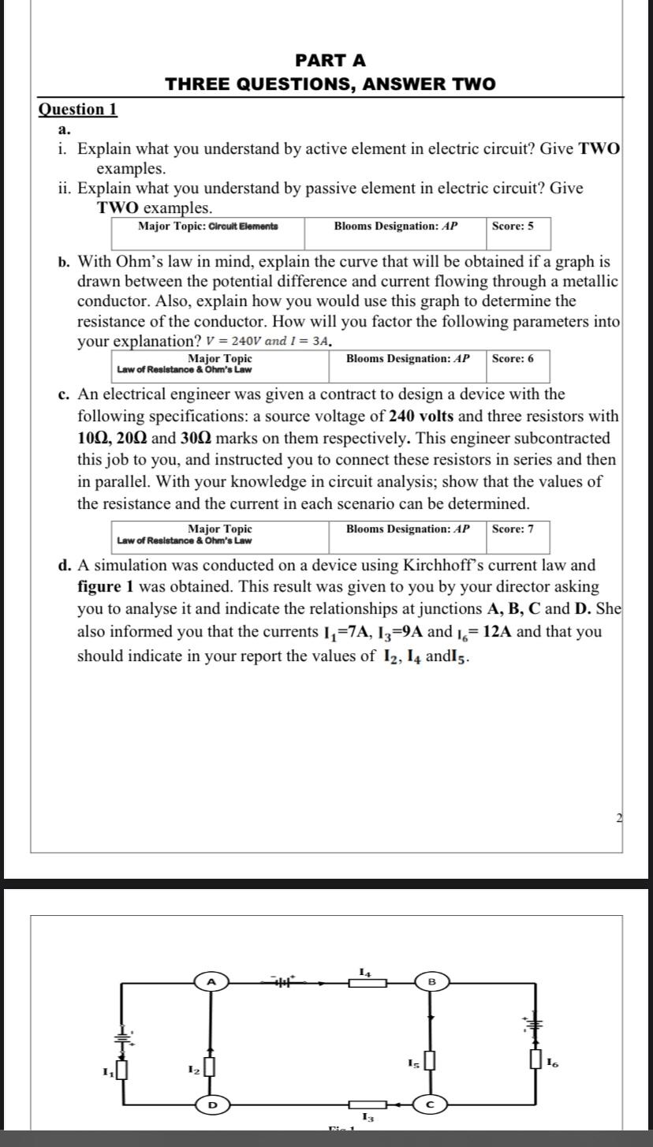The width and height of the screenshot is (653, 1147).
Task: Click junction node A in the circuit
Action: (x=211, y=981)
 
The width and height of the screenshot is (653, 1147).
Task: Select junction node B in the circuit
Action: (x=431, y=981)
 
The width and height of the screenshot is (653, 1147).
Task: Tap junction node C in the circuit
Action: (x=431, y=1105)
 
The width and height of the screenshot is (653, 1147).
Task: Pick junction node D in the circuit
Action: (x=211, y=1105)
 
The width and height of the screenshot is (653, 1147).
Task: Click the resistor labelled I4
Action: (x=368, y=983)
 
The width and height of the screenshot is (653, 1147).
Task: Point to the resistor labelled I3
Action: (x=368, y=1105)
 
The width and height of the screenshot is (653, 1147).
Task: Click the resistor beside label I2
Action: (x=210, y=1068)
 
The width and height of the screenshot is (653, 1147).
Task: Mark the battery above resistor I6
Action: (x=536, y=1023)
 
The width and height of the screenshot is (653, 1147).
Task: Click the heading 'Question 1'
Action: (x=78, y=109)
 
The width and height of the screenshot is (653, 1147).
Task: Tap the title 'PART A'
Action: (x=330, y=61)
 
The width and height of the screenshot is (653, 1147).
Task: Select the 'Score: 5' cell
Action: (x=513, y=226)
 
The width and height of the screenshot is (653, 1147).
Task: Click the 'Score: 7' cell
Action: (x=513, y=529)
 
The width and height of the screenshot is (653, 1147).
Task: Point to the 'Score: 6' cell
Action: (x=513, y=359)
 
